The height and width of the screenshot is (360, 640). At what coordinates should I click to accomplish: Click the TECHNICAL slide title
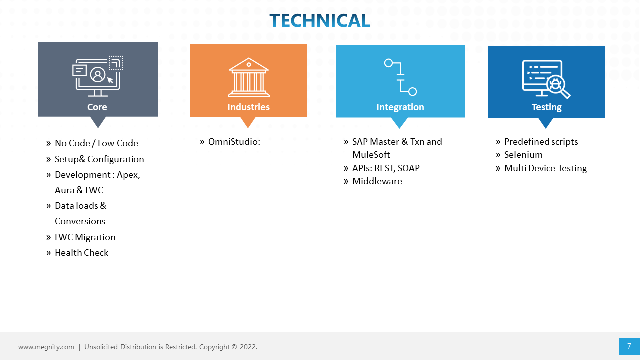tap(320, 20)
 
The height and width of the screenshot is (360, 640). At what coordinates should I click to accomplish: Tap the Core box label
tap(97, 107)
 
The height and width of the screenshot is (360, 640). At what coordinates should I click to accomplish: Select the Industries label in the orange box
tap(248, 107)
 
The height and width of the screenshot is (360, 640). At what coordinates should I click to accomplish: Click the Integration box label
tap(400, 107)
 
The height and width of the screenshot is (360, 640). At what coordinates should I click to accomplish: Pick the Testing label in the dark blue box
tap(546, 107)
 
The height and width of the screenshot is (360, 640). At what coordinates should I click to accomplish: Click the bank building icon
tap(248, 77)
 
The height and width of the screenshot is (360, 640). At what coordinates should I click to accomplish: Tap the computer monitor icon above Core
tap(98, 76)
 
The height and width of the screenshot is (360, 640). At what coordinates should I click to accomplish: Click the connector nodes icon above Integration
tap(400, 77)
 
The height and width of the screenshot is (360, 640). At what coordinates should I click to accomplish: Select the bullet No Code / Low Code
tap(96, 143)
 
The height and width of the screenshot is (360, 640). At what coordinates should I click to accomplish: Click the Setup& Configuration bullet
tap(99, 159)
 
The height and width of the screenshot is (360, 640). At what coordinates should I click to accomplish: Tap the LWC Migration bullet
tap(85, 237)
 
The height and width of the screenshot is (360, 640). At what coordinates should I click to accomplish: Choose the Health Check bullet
tap(81, 253)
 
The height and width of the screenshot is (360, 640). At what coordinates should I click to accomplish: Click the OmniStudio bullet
tap(234, 142)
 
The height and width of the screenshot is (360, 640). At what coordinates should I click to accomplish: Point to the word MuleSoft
tap(371, 155)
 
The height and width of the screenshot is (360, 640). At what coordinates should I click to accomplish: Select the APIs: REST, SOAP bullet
tap(386, 168)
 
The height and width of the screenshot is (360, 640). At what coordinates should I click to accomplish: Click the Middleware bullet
tap(377, 181)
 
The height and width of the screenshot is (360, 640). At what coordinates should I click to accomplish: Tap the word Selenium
tap(523, 155)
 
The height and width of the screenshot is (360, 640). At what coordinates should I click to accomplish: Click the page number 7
tap(629, 346)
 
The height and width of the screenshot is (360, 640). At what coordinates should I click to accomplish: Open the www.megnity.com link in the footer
tap(46, 347)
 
